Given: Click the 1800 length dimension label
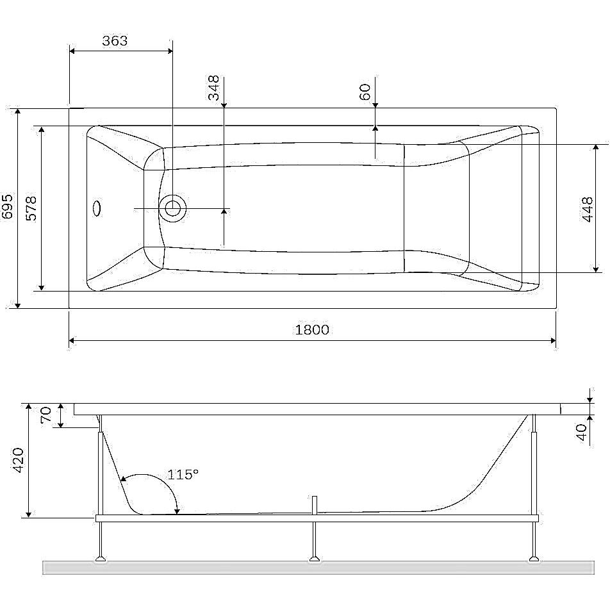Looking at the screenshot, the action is point(312,329).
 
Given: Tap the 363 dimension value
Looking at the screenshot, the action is point(115,40).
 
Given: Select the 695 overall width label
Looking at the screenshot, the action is point(8,206).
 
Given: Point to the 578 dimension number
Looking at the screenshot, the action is point(31,208).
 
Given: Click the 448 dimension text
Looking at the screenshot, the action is point(588,210).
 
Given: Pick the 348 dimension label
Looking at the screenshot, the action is point(214,88).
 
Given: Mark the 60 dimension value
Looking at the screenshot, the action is point(365,92).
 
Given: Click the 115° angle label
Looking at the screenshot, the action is point(183,474).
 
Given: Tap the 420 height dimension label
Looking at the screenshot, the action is point(19,460).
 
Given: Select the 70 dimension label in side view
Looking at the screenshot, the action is point(46,415).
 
